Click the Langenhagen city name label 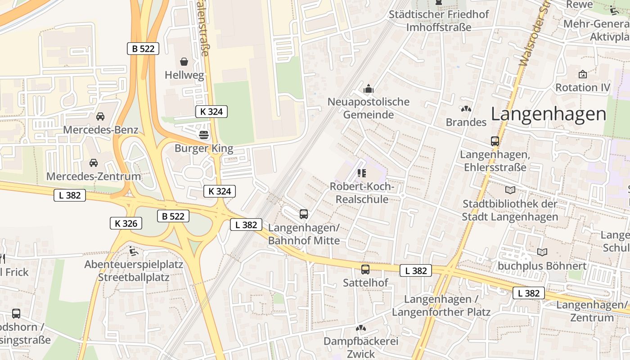tap(548, 114)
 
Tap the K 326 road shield tap(126, 223)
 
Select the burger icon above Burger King tap(204, 135)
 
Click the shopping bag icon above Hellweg tap(184, 62)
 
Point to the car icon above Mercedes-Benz tap(100, 117)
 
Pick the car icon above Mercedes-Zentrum tap(94, 163)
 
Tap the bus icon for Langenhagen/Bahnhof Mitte tap(304, 214)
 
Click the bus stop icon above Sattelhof tap(365, 270)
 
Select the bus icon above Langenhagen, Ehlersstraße tap(495, 141)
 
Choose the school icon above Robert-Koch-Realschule tap(361, 173)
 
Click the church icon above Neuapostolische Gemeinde tap(369, 88)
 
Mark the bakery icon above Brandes tap(466, 109)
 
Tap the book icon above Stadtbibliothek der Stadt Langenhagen tap(510, 190)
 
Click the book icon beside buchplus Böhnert tap(542, 252)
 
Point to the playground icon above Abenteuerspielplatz tap(133, 251)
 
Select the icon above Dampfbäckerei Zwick tap(361, 328)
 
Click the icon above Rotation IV tap(583, 74)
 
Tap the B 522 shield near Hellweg tap(143, 49)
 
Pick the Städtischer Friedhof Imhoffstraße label tap(439, 21)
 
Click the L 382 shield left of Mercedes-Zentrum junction tap(70, 195)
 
